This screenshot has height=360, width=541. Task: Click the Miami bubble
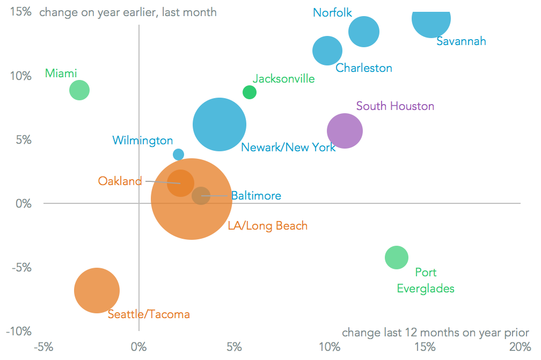[x=79, y=90]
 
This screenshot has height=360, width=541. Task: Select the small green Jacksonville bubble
[x=250, y=92]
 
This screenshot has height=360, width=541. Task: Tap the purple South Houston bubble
[x=345, y=130]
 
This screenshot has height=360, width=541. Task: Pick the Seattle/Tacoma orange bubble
[x=97, y=290]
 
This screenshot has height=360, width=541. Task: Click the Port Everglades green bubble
[x=397, y=258]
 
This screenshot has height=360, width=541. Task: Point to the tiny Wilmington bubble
[x=179, y=155]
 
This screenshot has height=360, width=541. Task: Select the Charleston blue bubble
[x=327, y=51]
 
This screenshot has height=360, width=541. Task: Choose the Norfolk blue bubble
[x=364, y=32]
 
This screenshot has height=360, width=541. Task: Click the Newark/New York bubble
[x=219, y=124]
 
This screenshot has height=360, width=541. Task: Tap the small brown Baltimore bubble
[x=201, y=195]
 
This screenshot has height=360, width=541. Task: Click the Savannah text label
[x=461, y=41]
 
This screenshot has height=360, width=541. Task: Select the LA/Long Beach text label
[x=268, y=226]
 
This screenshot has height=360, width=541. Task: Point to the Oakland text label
[x=120, y=181]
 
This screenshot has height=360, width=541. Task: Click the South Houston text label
[x=395, y=106]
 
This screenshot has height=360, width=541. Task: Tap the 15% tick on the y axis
[x=20, y=12]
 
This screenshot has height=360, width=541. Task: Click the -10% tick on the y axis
[x=18, y=332]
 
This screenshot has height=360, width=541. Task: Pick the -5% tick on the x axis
[x=43, y=346]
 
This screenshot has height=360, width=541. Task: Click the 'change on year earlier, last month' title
[x=128, y=12]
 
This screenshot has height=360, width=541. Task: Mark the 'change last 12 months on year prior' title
[x=435, y=332]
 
